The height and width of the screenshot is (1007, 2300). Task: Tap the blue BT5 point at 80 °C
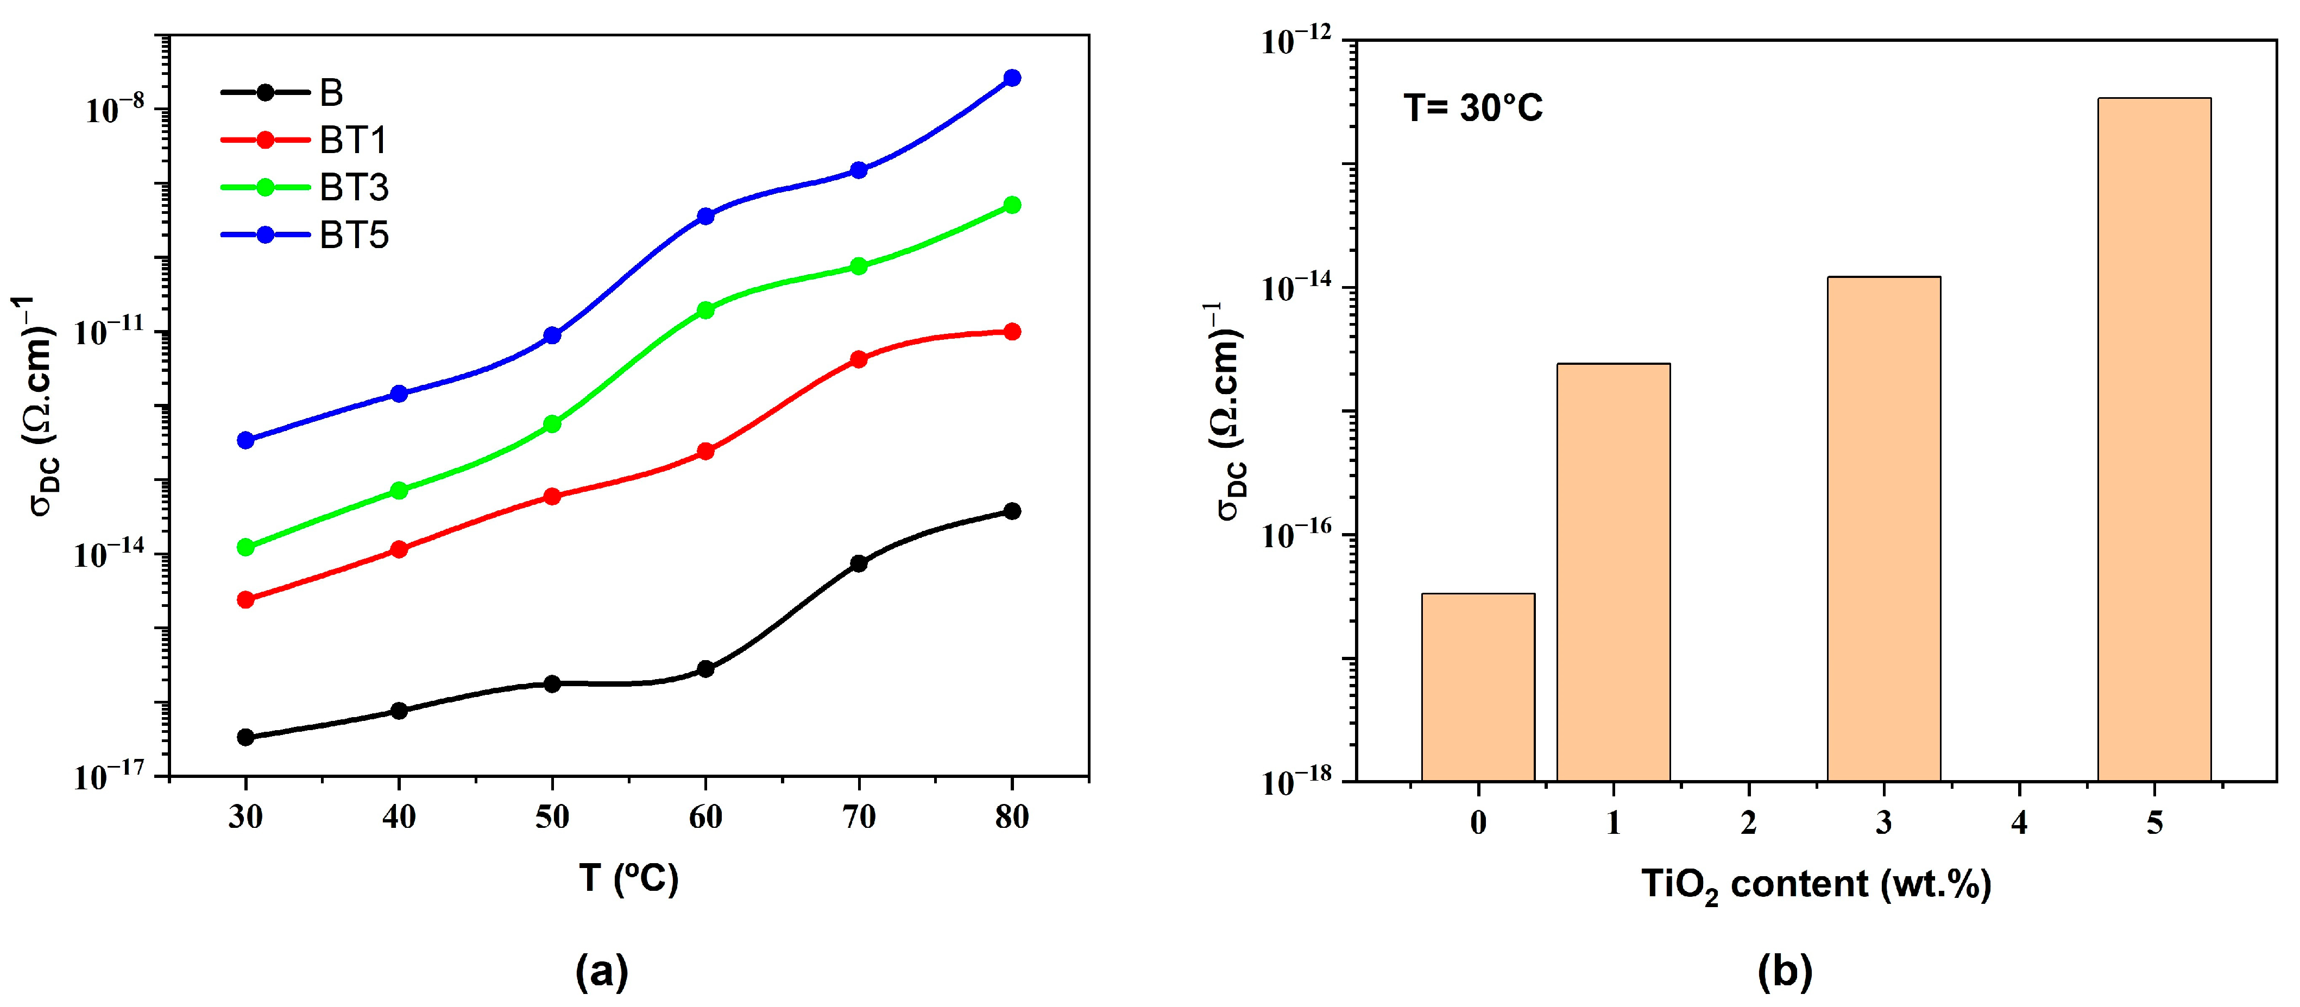pyautogui.click(x=1012, y=79)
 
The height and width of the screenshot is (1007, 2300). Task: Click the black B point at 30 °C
pyautogui.click(x=245, y=737)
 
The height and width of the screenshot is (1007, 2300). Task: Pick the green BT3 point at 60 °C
pyautogui.click(x=705, y=310)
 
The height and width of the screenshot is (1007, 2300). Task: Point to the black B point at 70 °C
pyautogui.click(x=859, y=563)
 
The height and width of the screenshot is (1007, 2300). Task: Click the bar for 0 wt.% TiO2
pyautogui.click(x=1478, y=687)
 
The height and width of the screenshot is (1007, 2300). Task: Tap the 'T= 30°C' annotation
pyautogui.click(x=1473, y=108)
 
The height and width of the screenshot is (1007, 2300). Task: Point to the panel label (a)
pyautogui.click(x=602, y=971)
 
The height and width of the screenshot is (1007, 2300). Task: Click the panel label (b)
pyautogui.click(x=1784, y=971)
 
